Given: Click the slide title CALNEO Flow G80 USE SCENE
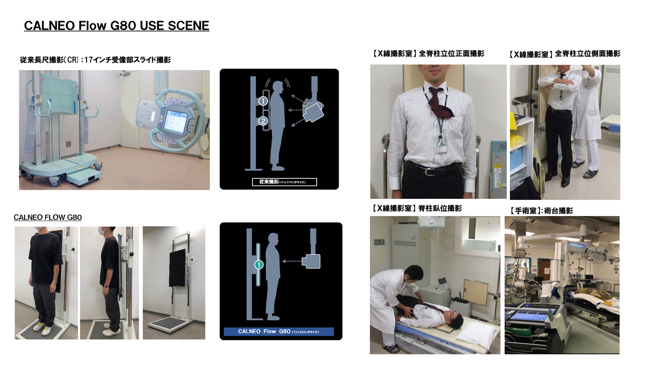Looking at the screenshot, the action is pos(116,26).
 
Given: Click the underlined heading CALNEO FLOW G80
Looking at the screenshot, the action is pos(48,217).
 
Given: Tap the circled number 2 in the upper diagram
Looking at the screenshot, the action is pos(263,121).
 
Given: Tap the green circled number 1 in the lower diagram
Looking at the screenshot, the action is pos(259,265).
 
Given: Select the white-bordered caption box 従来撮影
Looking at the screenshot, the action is pos(285,182).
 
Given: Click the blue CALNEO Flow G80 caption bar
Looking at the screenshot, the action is pos(279,332).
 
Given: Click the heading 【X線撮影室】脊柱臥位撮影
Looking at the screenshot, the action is pos(417,208).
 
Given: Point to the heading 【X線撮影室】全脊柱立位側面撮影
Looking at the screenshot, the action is pos(564,54).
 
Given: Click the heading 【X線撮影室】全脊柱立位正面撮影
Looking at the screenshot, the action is pos(428,53).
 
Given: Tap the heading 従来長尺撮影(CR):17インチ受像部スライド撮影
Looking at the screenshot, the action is pos(95,60).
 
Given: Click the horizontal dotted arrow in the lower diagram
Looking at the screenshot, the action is pos(292,261).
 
